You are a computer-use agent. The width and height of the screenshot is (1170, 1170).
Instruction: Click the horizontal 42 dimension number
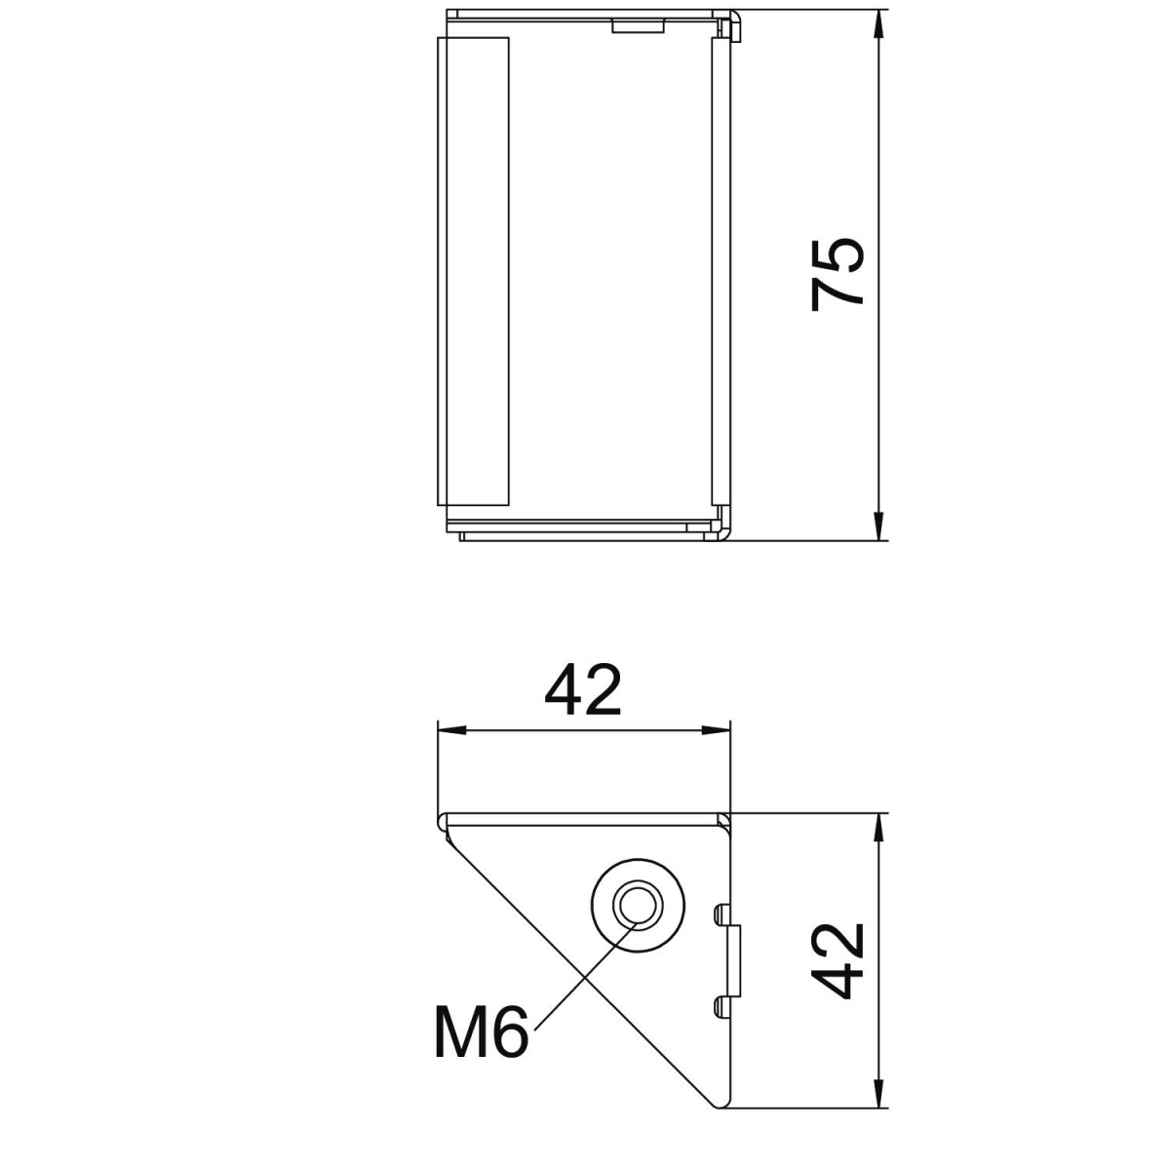pos(583,690)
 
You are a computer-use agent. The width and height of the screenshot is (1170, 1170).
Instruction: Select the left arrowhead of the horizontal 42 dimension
pos(448,729)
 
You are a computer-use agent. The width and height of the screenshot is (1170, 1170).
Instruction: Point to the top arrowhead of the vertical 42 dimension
pos(879,824)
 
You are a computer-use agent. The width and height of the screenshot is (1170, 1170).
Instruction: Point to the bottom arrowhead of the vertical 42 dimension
pos(879,1097)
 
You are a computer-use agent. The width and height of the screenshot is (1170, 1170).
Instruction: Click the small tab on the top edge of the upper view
pos(639,24)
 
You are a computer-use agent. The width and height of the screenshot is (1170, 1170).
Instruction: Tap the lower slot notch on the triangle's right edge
pos(721,1005)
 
